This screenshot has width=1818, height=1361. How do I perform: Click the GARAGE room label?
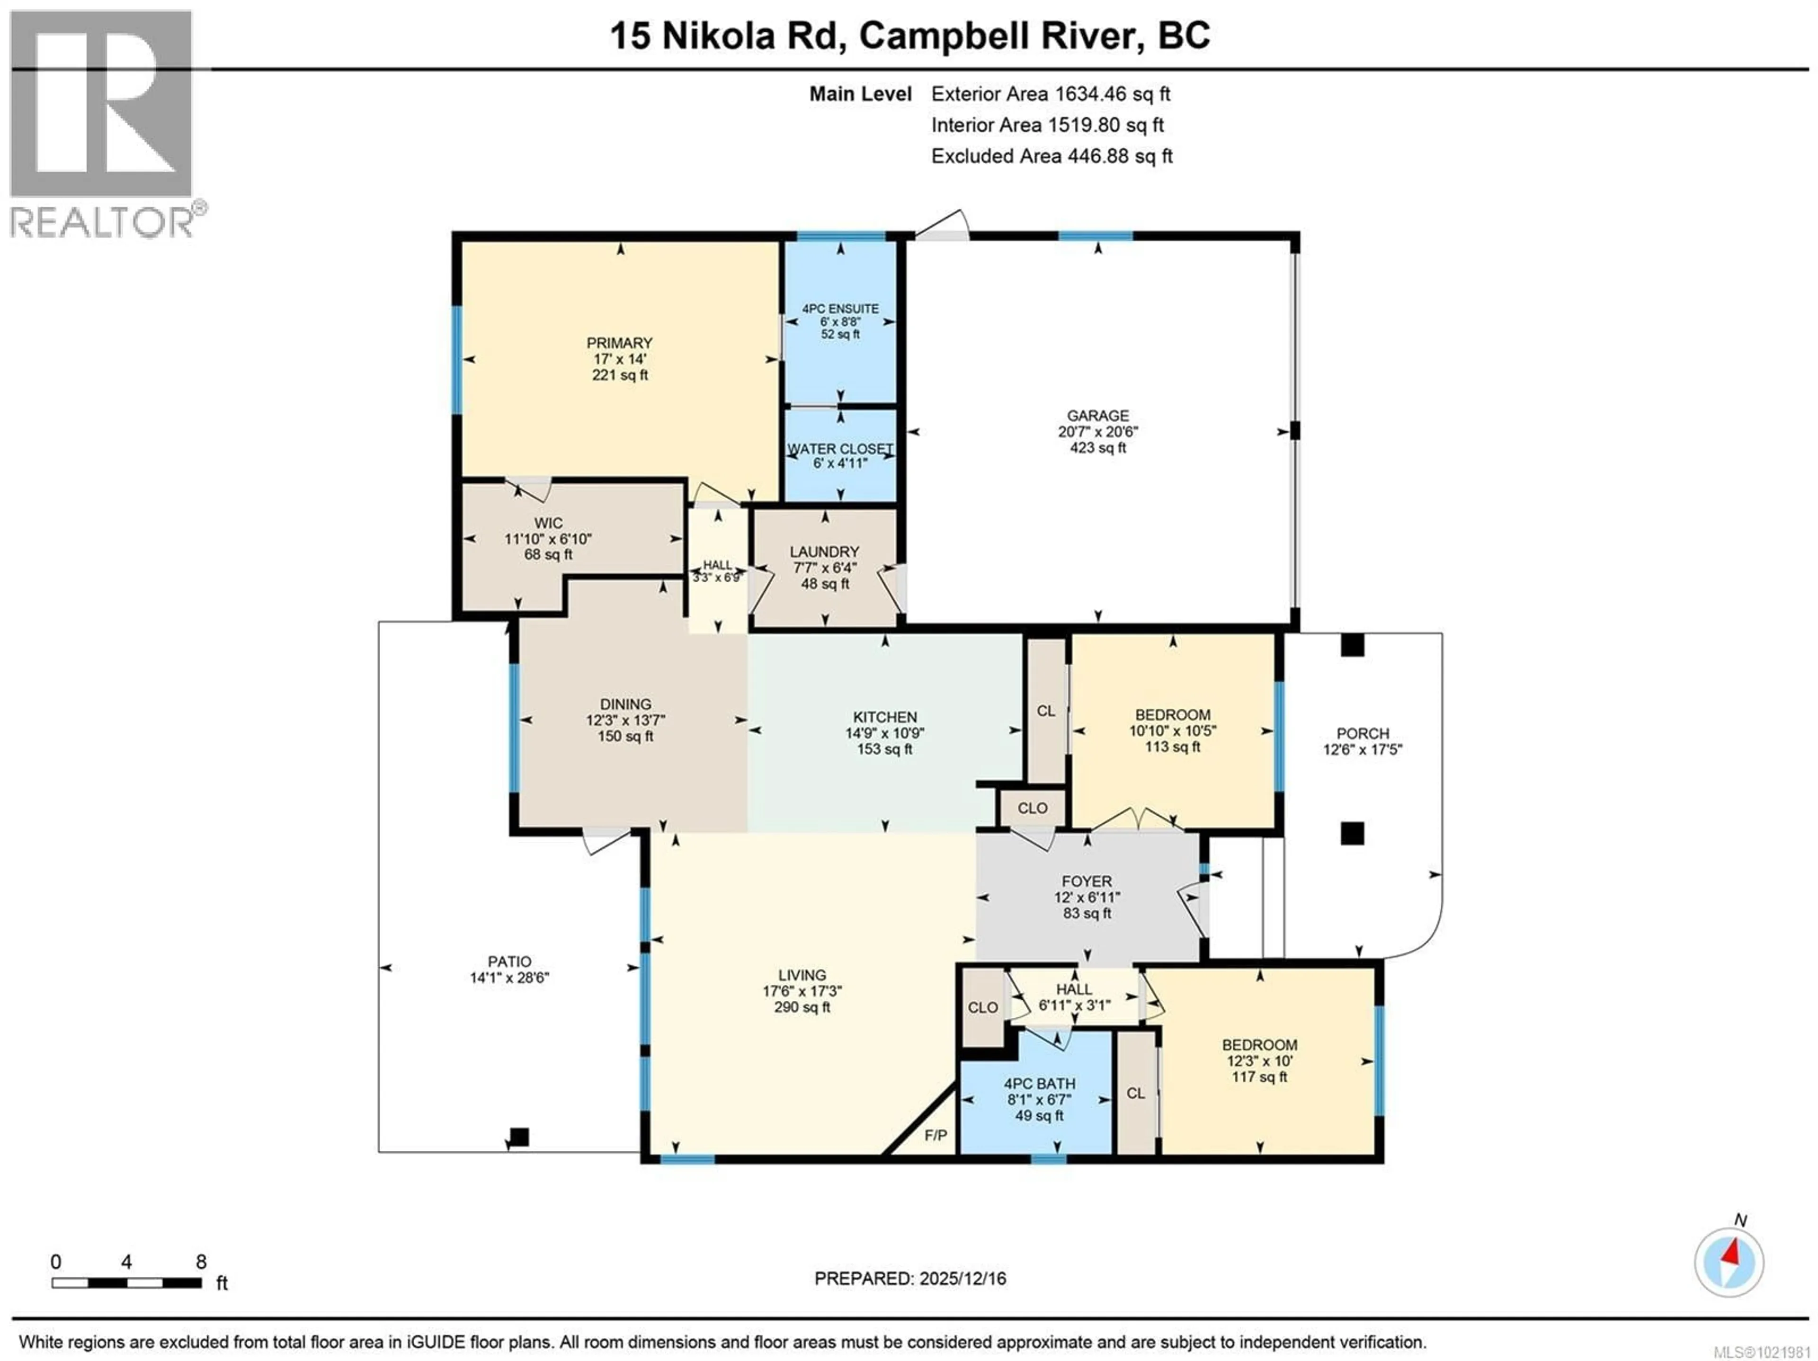click(1097, 416)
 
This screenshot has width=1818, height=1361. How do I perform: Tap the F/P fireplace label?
click(936, 1136)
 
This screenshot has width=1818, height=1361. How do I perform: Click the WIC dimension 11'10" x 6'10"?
click(548, 539)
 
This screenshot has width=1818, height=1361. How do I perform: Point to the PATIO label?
click(509, 961)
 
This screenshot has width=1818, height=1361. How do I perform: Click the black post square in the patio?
click(518, 1138)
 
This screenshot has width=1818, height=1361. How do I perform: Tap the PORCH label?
click(1362, 733)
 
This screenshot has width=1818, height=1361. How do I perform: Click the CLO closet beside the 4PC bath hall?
click(982, 1007)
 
